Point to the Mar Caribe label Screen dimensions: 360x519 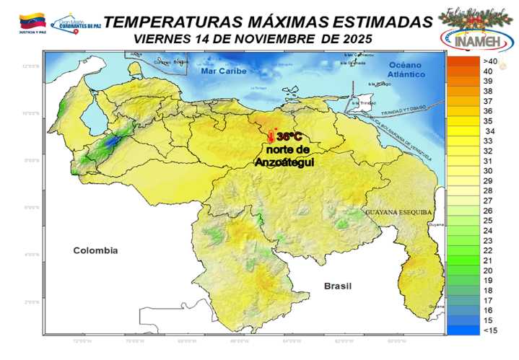pos(224,71)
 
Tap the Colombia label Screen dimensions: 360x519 pos(95,250)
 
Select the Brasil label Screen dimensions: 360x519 pos(337,286)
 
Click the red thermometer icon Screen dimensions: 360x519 pos(271,135)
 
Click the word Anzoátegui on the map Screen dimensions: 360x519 pos(282,163)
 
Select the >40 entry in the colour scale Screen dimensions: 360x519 pos(489,61)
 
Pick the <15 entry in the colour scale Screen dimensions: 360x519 pos(489,330)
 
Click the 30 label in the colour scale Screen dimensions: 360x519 pos(489,171)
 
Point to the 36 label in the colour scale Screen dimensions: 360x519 pos(489,111)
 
